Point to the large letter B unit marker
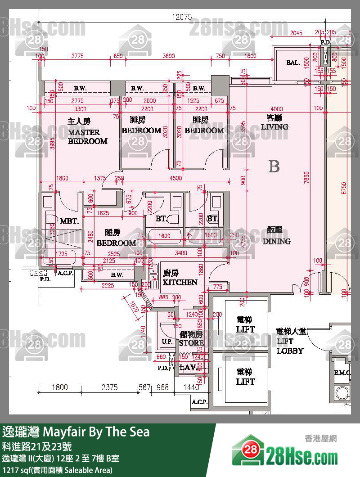[x=274, y=166]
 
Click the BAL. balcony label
[x=293, y=63]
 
